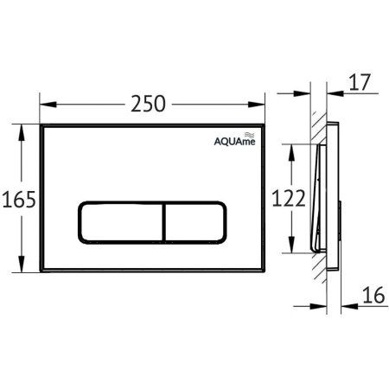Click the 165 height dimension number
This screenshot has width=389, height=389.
pos(19,201)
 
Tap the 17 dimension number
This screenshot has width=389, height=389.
pos(361,84)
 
